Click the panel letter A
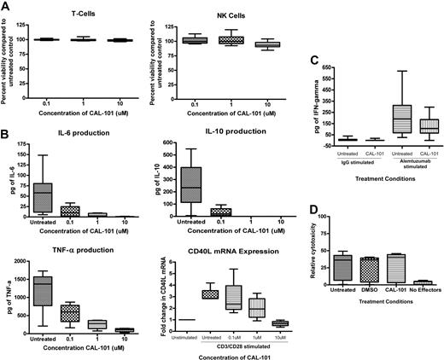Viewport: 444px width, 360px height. click(7, 6)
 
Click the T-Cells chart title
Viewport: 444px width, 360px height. click(82, 15)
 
